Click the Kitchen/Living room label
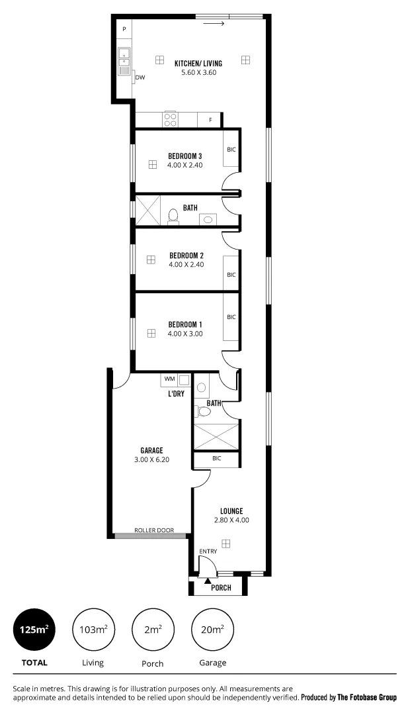[198, 63]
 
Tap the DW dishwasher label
[140, 77]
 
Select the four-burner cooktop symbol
[170, 119]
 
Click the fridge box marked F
[210, 120]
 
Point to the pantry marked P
[124, 30]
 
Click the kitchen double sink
[124, 61]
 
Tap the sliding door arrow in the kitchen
[214, 24]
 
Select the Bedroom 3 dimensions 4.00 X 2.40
[185, 165]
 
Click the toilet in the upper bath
[173, 216]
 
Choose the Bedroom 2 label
[186, 256]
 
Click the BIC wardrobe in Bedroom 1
[231, 318]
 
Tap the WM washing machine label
[169, 379]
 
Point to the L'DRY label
[175, 393]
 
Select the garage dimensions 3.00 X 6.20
[151, 459]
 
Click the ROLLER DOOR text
[153, 530]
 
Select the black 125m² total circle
[34, 630]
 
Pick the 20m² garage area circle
[212, 630]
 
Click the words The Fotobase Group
[367, 697]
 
